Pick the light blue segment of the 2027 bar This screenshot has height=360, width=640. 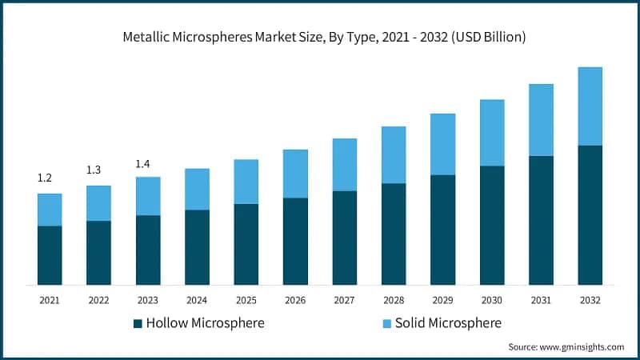coord(345,164)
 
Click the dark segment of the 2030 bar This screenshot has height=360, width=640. coord(491,225)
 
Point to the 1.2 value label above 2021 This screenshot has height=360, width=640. coord(45,178)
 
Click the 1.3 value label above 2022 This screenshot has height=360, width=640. coord(94,170)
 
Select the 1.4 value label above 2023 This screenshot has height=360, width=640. coord(142,164)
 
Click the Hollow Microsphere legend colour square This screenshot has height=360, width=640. coord(138,324)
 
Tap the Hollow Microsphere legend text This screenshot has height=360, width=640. coord(205,323)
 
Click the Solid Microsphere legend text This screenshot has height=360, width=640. coord(448,323)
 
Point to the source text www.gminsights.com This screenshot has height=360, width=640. coord(566,347)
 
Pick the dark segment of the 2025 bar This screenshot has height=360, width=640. coord(246,244)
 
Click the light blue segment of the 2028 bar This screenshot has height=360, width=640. coord(394,154)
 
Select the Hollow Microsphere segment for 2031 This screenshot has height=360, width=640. coord(541,220)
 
